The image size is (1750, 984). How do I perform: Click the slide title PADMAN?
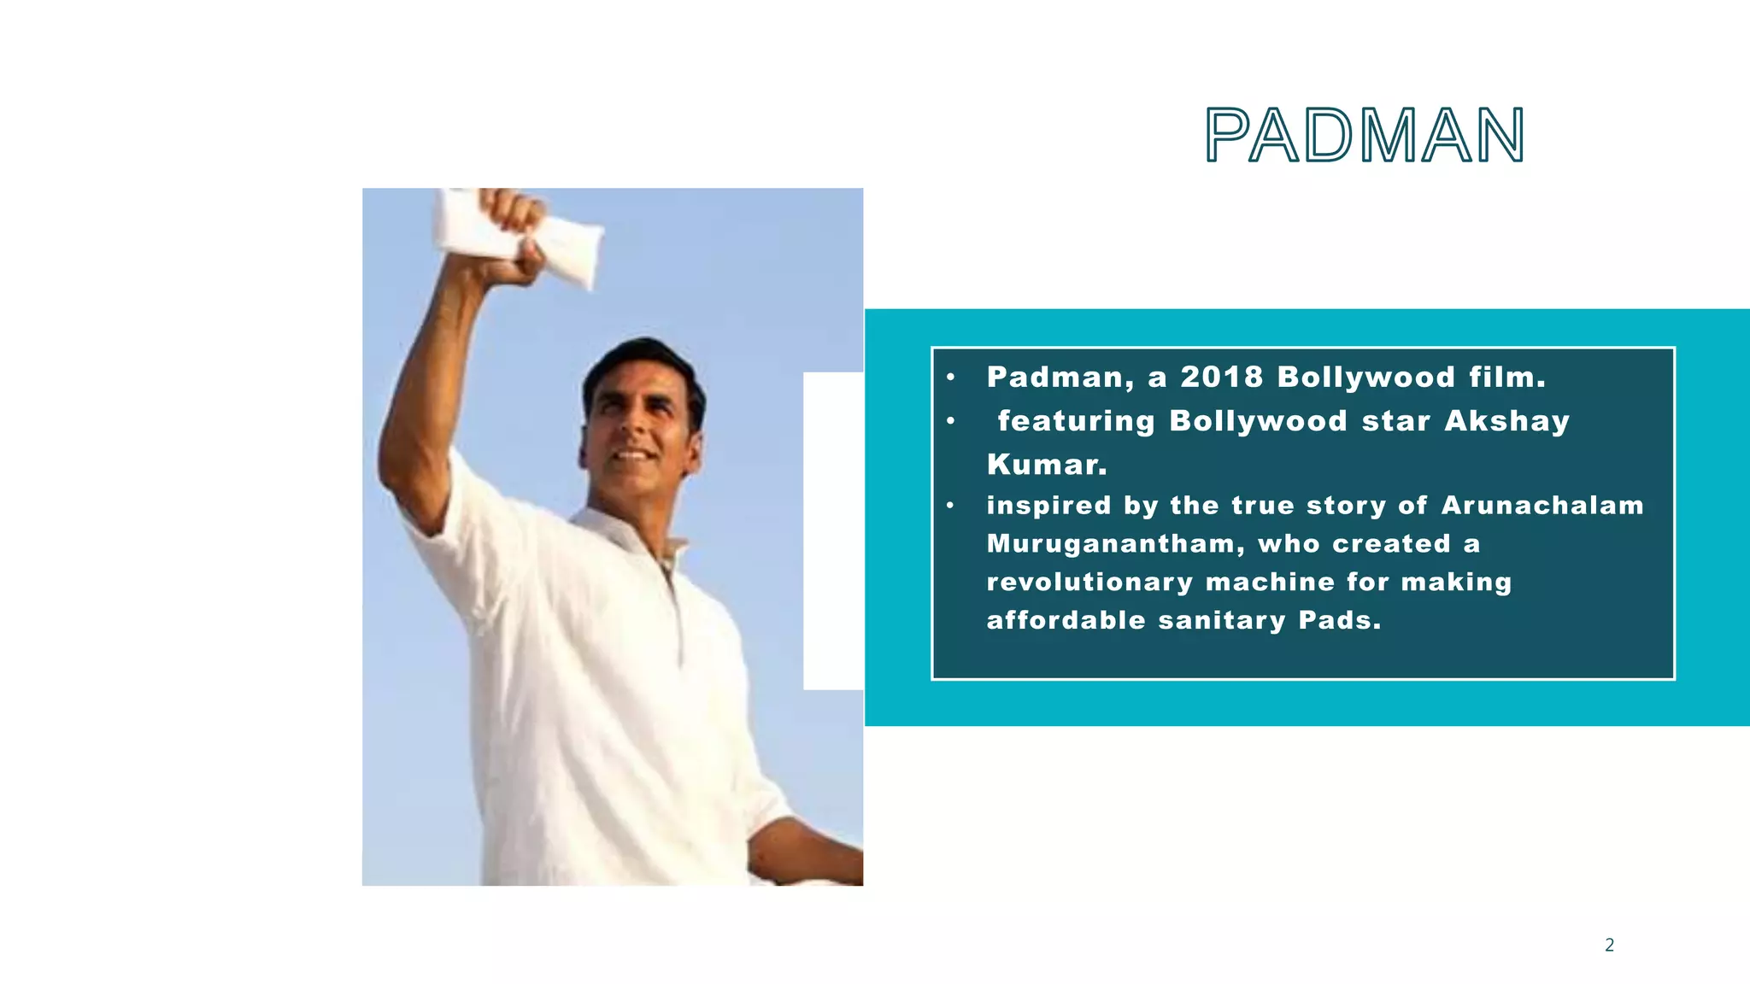(x=1364, y=135)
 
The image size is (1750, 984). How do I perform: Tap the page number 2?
(x=1609, y=945)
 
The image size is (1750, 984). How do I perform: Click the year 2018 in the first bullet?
(x=1222, y=377)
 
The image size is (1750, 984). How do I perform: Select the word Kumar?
(x=1047, y=465)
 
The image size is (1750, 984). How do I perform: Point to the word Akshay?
(x=1506, y=421)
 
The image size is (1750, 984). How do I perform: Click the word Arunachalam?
(x=1542, y=505)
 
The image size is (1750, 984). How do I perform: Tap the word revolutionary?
(x=1089, y=583)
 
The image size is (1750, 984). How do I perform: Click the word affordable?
(x=1066, y=620)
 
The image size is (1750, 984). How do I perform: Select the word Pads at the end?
(x=1339, y=620)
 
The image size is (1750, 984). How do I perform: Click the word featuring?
(x=1076, y=421)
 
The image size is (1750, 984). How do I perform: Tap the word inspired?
(x=1048, y=505)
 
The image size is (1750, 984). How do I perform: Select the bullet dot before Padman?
(x=950, y=378)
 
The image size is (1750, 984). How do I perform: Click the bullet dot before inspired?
(x=950, y=506)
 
